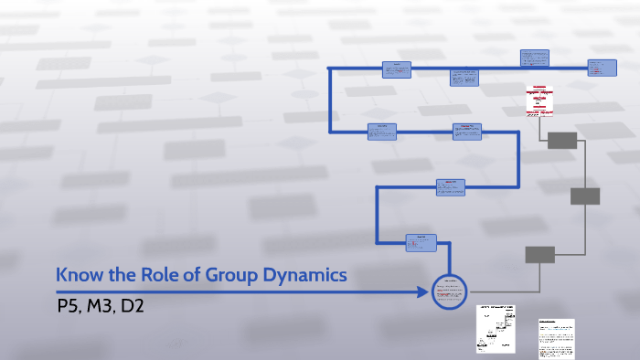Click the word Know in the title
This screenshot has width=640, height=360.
coord(77,274)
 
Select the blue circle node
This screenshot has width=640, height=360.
coord(448,291)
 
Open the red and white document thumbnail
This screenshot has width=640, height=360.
coord(539,101)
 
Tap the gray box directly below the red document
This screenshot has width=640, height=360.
coord(561,141)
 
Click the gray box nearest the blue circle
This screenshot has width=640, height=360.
coord(539,255)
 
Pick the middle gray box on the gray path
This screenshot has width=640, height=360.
coord(584,196)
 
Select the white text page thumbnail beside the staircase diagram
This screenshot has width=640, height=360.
coord(554,336)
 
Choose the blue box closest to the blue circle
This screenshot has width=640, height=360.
coord(422,242)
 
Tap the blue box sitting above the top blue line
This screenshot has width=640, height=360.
coord(535,58)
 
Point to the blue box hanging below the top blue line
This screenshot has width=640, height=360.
coord(464,78)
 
